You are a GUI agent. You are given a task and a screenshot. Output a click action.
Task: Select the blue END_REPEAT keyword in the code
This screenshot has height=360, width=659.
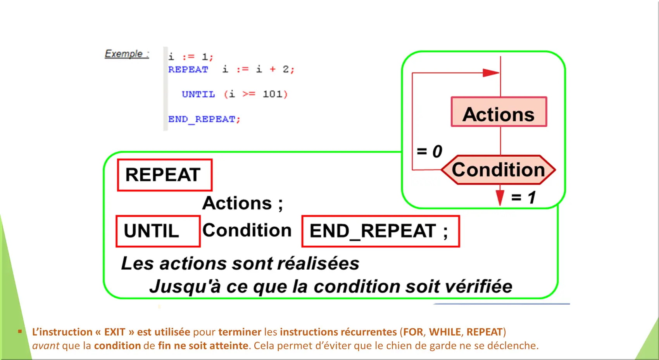(x=202, y=119)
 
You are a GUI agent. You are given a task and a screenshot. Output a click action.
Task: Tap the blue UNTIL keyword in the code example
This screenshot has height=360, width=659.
(x=198, y=95)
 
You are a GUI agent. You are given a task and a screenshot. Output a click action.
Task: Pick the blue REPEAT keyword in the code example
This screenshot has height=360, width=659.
(x=188, y=69)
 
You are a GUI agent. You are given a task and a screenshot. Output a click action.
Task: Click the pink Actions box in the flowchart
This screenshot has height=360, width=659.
(x=499, y=112)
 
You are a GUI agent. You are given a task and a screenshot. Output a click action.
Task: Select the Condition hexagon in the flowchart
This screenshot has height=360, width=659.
(x=499, y=170)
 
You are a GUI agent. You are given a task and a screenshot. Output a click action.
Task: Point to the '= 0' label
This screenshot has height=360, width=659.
(x=430, y=152)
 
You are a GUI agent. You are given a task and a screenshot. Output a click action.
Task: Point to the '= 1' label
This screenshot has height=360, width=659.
(x=524, y=197)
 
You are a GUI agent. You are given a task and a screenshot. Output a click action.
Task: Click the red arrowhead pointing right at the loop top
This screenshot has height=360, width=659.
(x=491, y=72)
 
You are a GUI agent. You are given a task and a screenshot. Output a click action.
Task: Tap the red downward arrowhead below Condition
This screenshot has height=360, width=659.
(x=500, y=198)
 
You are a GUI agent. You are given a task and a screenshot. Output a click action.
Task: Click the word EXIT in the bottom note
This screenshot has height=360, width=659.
(x=115, y=332)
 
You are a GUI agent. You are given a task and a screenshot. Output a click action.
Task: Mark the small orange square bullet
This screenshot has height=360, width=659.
(x=20, y=332)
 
